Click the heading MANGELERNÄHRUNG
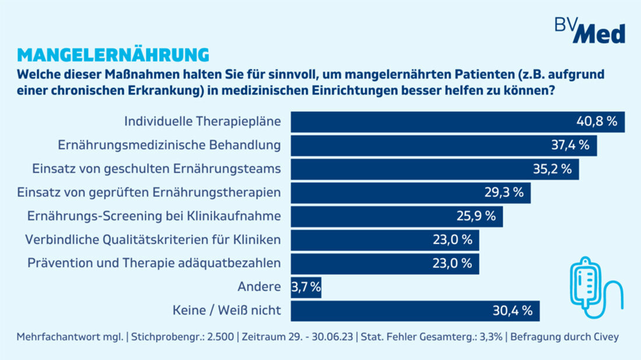tap(113, 54)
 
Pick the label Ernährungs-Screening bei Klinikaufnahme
tap(154, 216)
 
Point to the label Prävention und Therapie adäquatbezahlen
tap(154, 263)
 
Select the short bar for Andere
tap(306, 287)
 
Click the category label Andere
tap(259, 287)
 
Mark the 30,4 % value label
tap(513, 311)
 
